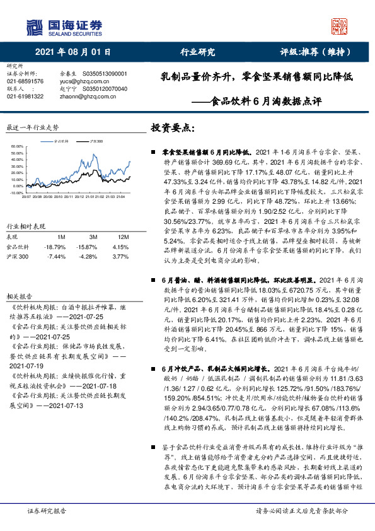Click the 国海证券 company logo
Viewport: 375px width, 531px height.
[63, 27]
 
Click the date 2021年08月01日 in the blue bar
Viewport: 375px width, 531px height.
[73, 52]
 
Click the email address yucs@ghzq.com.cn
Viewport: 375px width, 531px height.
[83, 81]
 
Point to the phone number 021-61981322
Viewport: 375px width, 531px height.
[25, 96]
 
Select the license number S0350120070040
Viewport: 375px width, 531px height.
[105, 89]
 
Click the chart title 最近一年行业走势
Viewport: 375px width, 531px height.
[32, 127]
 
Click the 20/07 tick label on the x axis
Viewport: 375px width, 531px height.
[26, 179]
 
